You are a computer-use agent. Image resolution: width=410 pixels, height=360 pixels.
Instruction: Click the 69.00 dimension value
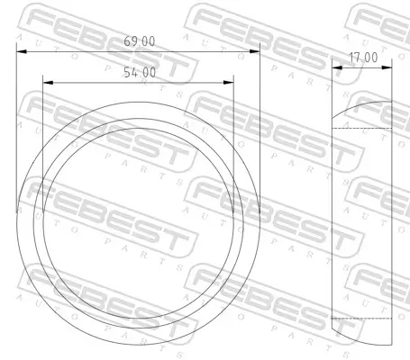coord(138,41)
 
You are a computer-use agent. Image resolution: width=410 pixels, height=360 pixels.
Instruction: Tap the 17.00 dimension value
coord(363,57)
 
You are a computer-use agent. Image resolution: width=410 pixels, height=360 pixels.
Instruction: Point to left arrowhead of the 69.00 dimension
coord(21,51)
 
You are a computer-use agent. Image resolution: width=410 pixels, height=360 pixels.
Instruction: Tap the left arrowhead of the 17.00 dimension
coord(335,67)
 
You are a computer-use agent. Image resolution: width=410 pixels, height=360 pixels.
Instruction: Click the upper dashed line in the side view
coord(362,129)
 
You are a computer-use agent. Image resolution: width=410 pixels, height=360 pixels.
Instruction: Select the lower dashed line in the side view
coord(362,319)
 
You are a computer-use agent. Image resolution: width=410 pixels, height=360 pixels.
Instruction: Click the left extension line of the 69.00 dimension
coord(16,135)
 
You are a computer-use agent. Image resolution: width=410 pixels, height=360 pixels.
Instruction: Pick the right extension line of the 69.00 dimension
coord(260,135)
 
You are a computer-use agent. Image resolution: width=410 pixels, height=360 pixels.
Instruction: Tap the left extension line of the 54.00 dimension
coord(43,135)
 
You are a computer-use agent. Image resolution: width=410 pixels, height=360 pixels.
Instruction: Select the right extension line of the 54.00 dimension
coord(233,135)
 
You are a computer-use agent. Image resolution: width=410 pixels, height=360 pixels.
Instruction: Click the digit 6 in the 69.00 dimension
coord(126,41)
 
